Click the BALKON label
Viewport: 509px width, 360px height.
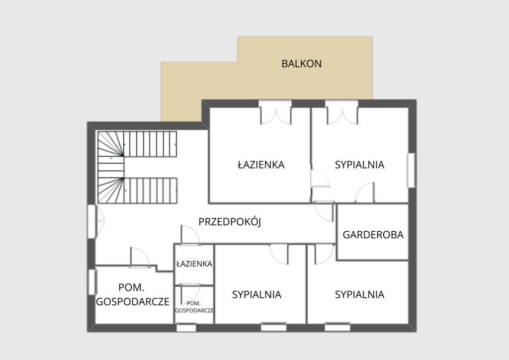pyautogui.click(x=302, y=64)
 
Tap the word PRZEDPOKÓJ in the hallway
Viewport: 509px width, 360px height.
pyautogui.click(x=230, y=222)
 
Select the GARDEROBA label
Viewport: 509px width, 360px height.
pyautogui.click(x=373, y=235)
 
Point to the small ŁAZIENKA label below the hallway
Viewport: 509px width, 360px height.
pyautogui.click(x=194, y=264)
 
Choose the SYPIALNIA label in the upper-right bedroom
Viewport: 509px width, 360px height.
pyautogui.click(x=360, y=165)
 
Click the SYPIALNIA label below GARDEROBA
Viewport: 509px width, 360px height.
pyautogui.click(x=360, y=295)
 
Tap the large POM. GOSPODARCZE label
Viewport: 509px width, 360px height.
pyautogui.click(x=132, y=294)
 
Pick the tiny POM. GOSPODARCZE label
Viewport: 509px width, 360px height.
pyautogui.click(x=194, y=307)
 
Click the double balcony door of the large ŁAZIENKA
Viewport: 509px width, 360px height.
pyautogui.click(x=275, y=112)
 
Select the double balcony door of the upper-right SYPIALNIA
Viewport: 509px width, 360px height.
pyautogui.click(x=342, y=112)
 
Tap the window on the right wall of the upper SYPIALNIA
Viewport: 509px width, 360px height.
pyautogui.click(x=411, y=170)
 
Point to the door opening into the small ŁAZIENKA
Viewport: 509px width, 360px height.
pyautogui.click(x=190, y=235)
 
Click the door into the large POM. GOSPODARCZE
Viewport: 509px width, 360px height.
pyautogui.click(x=140, y=258)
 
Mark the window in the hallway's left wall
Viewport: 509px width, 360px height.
pyautogui.click(x=92, y=221)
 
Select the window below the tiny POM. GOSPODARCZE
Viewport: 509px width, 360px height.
pyautogui.click(x=186, y=328)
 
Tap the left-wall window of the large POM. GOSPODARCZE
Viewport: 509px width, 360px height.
pyautogui.click(x=92, y=282)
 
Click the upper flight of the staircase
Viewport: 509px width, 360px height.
pyautogui.click(x=150, y=144)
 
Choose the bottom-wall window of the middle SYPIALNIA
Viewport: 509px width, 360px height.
pyautogui.click(x=274, y=327)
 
